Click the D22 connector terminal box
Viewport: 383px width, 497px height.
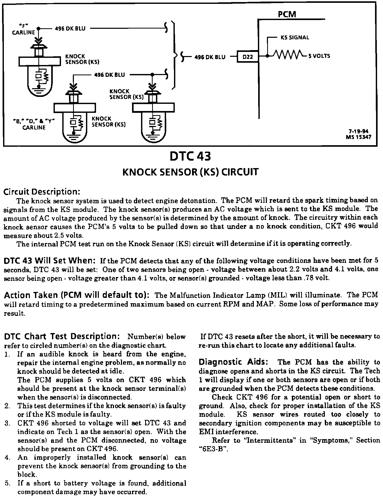[x=248, y=57]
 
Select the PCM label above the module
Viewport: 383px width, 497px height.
[x=287, y=14]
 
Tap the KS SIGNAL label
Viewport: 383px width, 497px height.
[x=295, y=38]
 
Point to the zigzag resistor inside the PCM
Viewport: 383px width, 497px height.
[x=287, y=54]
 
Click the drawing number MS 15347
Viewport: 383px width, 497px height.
[x=359, y=137]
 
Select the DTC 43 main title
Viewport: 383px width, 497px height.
[x=190, y=157]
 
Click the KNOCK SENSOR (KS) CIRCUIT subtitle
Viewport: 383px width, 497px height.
[x=190, y=172]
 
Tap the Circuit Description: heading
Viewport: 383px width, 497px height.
[x=42, y=192]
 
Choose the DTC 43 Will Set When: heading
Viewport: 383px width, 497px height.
[x=50, y=261]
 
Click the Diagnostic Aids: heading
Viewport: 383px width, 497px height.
[x=233, y=362]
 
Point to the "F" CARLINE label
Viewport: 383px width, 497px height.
[x=24, y=29]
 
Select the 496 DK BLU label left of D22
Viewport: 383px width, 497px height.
[x=210, y=57]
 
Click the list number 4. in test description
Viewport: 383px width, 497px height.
[x=7, y=457]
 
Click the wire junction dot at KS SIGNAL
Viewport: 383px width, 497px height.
[x=268, y=56]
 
